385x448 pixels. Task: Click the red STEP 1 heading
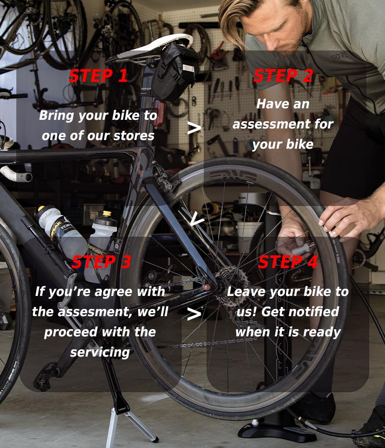pyautogui.click(x=98, y=76)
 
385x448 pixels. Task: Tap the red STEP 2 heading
pyautogui.click(x=283, y=76)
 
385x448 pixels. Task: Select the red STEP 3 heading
pyautogui.click(x=101, y=262)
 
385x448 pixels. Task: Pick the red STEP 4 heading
pyautogui.click(x=288, y=262)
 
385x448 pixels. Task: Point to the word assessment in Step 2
pyautogui.click(x=283, y=124)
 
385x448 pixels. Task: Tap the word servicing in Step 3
pyautogui.click(x=100, y=352)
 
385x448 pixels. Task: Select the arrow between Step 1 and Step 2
pyautogui.click(x=194, y=128)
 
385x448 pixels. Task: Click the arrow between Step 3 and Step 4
pyautogui.click(x=194, y=314)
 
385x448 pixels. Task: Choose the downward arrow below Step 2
pyautogui.click(x=197, y=220)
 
